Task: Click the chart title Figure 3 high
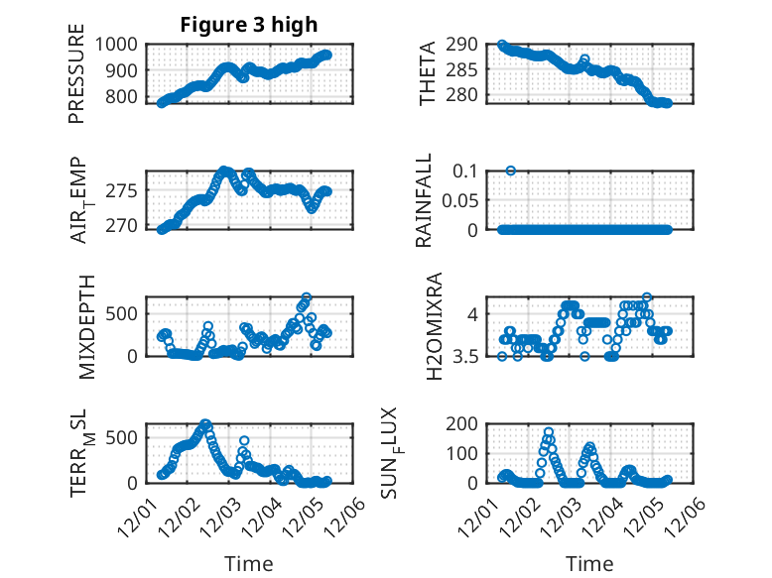248,24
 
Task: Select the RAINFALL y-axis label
424,200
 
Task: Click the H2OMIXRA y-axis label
434,325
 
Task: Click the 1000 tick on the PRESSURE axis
118,45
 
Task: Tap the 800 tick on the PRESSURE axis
123,97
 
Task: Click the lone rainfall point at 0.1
510,171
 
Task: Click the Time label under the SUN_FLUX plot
589,563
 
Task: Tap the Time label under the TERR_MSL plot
248,563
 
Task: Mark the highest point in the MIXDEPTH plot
307,297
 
